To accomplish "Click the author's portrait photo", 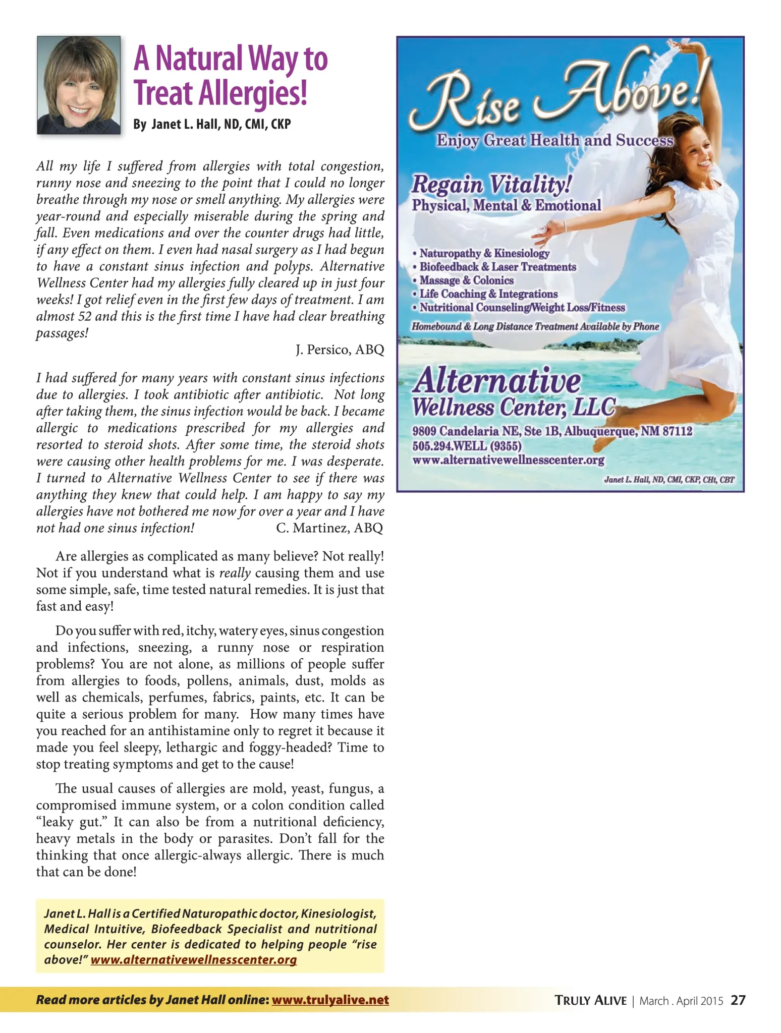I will point(79,85).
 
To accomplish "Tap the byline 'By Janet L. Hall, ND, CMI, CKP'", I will point(212,124).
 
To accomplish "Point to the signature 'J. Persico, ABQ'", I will point(340,350).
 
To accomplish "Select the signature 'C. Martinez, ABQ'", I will point(329,528).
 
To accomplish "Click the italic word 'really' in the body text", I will point(235,573).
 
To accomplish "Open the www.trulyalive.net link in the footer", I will point(330,1000).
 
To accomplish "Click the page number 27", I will point(738,1000).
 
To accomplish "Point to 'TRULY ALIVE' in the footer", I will point(590,1000).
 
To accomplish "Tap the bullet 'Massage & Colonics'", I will point(466,280).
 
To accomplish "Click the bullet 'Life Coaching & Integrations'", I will point(488,294).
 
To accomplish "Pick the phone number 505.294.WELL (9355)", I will point(467,446).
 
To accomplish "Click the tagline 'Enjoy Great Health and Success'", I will point(554,140).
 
